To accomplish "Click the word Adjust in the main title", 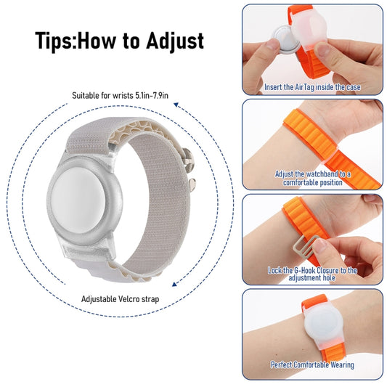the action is click(175, 41).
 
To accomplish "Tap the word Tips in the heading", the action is click(54, 41).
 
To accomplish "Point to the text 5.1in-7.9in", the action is click(152, 95).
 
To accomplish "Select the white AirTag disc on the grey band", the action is click(78, 197).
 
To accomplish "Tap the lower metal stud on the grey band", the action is click(192, 184).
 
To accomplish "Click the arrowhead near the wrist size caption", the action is click(176, 105).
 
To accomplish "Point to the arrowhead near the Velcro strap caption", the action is click(174, 284).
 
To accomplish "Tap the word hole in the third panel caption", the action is click(329, 278).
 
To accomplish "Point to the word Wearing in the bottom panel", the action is click(342, 364).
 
